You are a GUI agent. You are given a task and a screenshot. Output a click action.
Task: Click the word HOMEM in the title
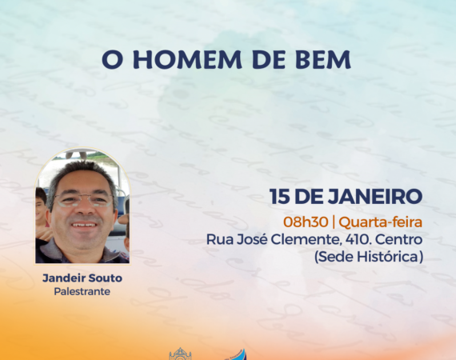(187, 60)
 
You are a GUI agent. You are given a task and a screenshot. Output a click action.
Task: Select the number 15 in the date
(279, 197)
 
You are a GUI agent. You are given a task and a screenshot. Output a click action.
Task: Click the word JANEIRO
(375, 197)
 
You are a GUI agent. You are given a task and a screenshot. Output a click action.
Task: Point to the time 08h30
(306, 222)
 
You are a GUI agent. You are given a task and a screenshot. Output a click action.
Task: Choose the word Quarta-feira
(380, 222)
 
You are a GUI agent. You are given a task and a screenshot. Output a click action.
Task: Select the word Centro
(398, 240)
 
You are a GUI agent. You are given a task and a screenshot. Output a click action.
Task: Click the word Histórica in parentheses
(390, 257)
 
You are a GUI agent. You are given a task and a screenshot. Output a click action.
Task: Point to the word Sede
(334, 257)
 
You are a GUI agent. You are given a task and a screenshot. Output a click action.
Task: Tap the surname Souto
(106, 278)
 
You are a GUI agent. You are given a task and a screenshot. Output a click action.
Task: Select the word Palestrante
(82, 291)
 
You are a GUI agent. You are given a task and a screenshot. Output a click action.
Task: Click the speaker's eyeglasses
(83, 200)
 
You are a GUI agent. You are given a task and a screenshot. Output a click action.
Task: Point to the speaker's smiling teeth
(84, 225)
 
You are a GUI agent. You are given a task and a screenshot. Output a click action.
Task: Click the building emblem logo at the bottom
(180, 354)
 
